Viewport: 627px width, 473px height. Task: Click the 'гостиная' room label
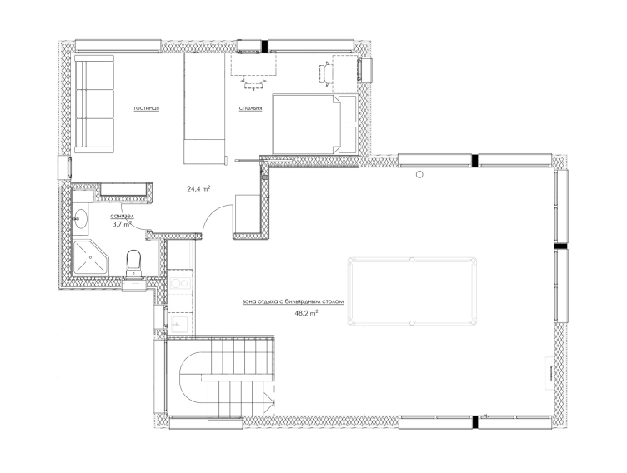pyautogui.click(x=147, y=108)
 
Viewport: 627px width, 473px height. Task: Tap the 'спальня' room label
pyautogui.click(x=251, y=108)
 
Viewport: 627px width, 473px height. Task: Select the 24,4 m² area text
pyautogui.click(x=198, y=188)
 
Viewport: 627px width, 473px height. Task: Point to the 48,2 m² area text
pyautogui.click(x=306, y=313)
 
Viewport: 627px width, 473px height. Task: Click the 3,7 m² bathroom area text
pyautogui.click(x=122, y=225)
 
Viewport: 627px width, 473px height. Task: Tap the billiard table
pyautogui.click(x=412, y=291)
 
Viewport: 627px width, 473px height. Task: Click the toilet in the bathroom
pyautogui.click(x=133, y=263)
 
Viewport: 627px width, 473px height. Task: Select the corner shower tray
pyautogui.click(x=91, y=257)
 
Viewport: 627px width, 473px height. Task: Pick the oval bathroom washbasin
pyautogui.click(x=82, y=217)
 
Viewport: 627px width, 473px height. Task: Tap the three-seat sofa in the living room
pyautogui.click(x=94, y=104)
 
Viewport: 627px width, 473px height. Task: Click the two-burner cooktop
pyautogui.click(x=180, y=284)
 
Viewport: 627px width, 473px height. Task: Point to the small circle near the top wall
pyautogui.click(x=419, y=174)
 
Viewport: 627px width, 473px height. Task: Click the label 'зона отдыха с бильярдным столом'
pyautogui.click(x=293, y=302)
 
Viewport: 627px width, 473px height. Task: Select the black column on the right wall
pyautogui.click(x=561, y=246)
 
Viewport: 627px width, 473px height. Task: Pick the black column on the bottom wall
pyautogui.click(x=474, y=422)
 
